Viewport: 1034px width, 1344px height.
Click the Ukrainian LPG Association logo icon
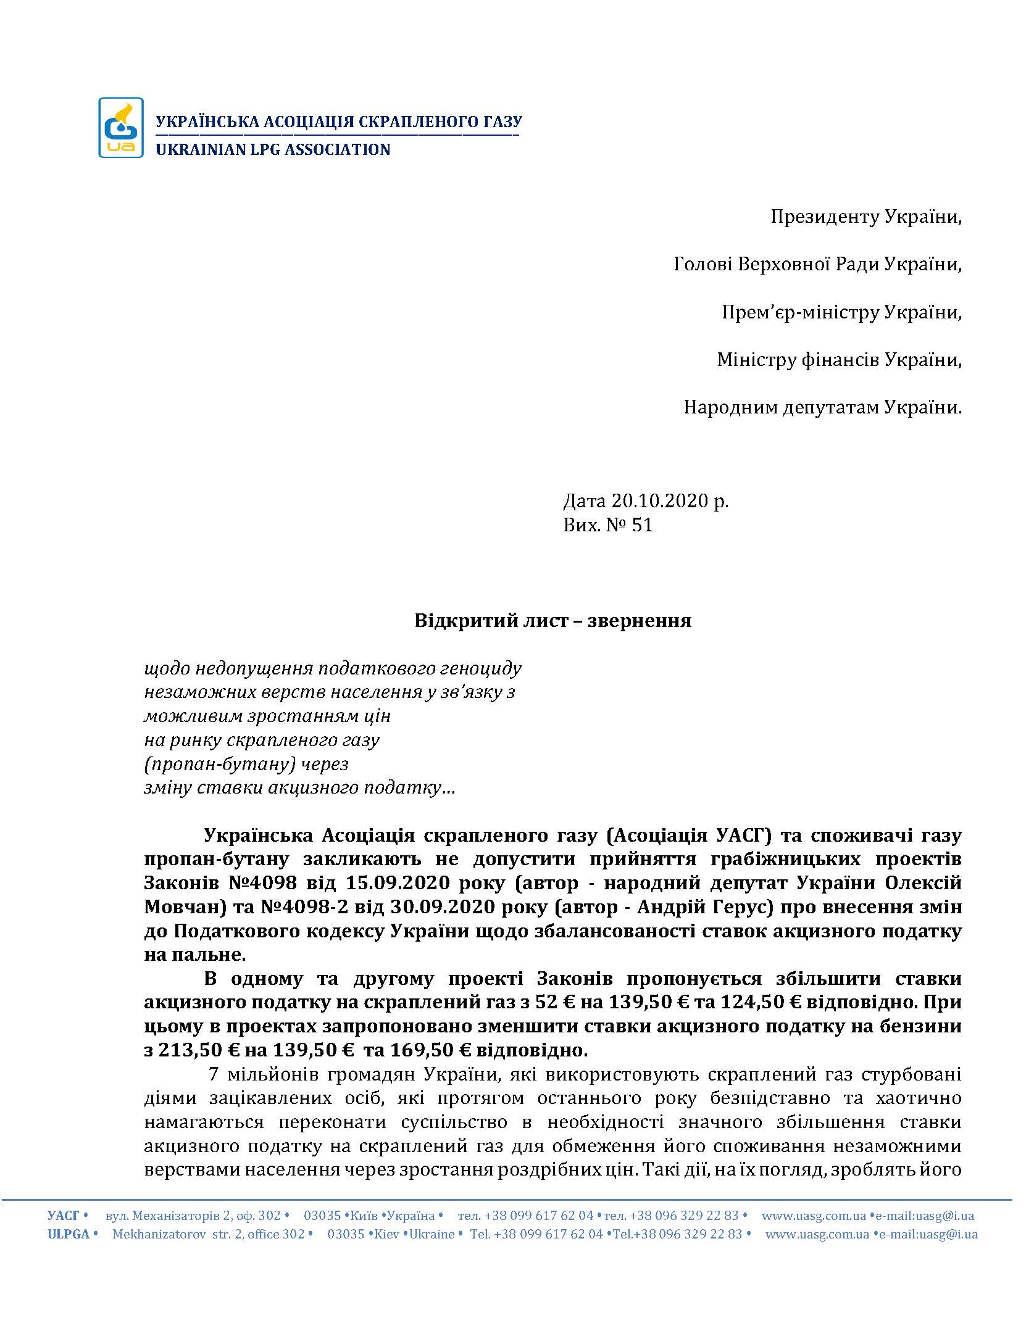tap(121, 128)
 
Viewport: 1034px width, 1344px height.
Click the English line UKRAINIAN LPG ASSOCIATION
tap(273, 150)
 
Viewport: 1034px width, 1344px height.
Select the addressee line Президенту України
tap(865, 217)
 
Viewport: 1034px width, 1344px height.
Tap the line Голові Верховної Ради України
tap(817, 265)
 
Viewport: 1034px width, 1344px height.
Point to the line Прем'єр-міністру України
tap(841, 312)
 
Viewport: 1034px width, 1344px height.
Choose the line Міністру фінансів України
tap(839, 360)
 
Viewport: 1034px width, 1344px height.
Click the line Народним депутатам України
tap(822, 407)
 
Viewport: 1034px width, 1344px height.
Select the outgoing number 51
tap(643, 525)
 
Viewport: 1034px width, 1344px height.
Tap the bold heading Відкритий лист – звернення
tap(552, 620)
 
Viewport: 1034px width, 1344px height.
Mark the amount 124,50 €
tap(761, 1003)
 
